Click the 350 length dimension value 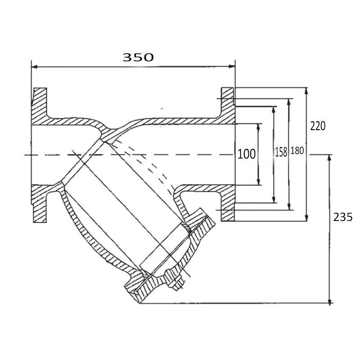click(138, 57)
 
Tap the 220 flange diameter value click(318, 126)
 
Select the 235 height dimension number click(342, 217)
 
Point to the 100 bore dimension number click(246, 154)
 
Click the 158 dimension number click(281, 152)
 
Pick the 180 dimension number click(297, 151)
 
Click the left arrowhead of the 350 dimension click(35, 67)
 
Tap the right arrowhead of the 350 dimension click(232, 67)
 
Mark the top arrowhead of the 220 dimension click(306, 91)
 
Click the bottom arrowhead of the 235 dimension click(329, 300)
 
